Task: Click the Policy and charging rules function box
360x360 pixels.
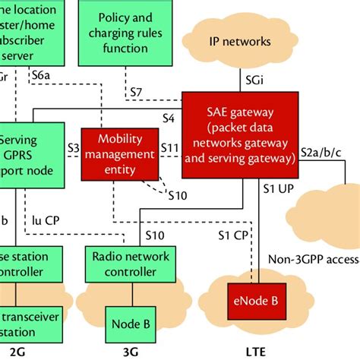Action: coord(125,32)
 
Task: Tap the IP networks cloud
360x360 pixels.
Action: coord(239,41)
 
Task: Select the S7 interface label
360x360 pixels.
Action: coord(135,93)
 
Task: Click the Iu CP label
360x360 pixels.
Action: coord(46,220)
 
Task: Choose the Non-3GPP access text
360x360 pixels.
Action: coord(313,260)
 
